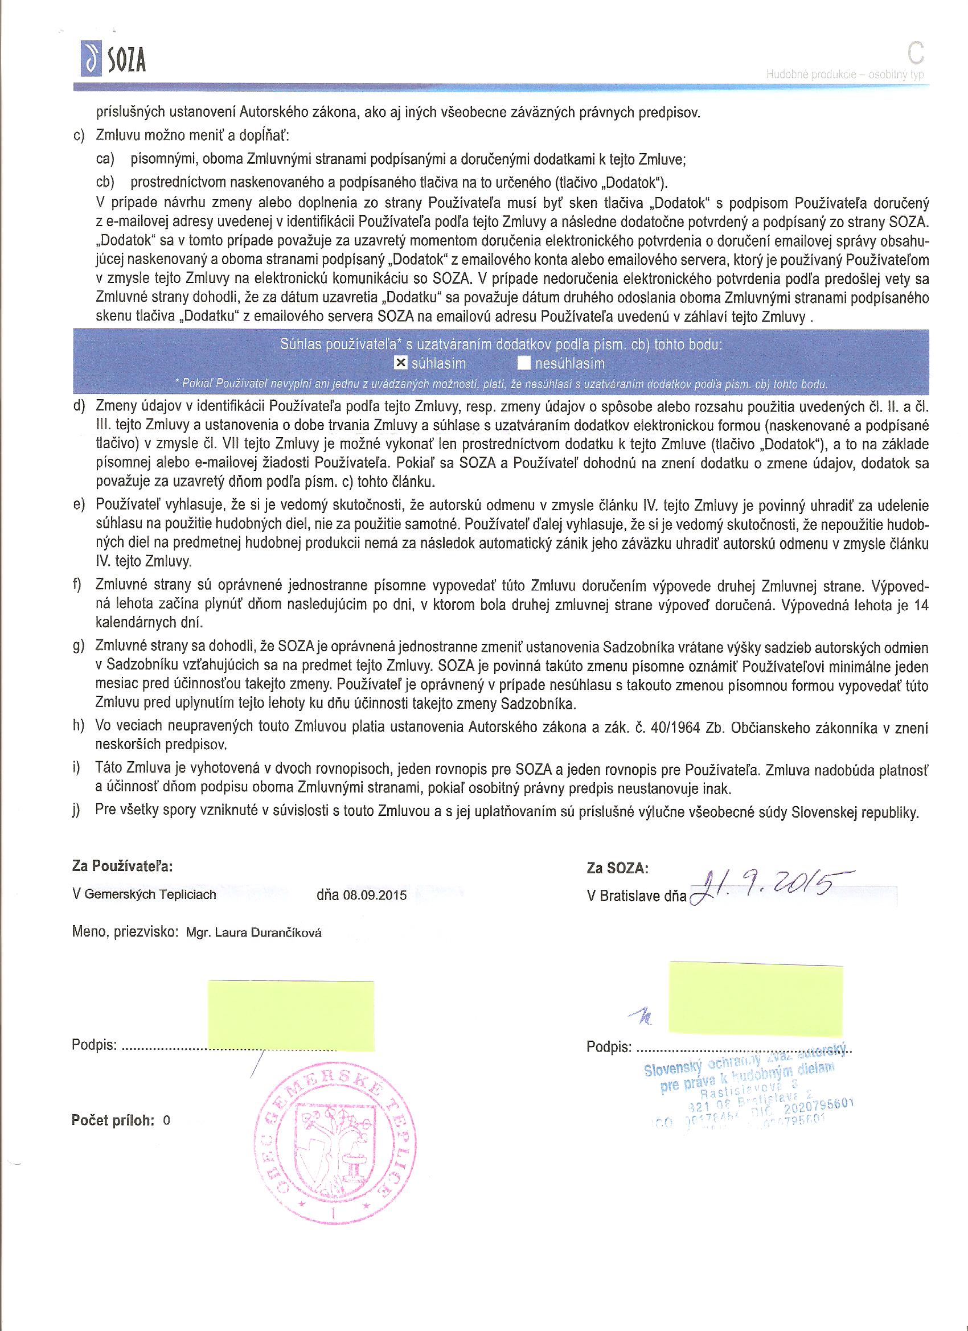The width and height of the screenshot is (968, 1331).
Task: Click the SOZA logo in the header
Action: (113, 59)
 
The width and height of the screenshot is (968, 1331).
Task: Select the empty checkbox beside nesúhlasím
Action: (524, 364)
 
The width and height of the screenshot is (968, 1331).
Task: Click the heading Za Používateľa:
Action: (122, 866)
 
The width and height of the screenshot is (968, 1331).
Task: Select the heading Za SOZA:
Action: (618, 868)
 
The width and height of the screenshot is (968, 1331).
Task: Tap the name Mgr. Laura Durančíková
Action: (253, 933)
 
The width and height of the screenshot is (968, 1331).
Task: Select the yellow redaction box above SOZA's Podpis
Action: (755, 996)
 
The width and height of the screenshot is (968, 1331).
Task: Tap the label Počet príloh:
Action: (113, 1120)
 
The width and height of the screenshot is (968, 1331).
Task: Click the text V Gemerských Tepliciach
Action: (144, 895)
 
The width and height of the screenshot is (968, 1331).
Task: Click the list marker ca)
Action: (105, 159)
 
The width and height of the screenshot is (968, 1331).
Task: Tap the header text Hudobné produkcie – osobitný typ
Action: (845, 75)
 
